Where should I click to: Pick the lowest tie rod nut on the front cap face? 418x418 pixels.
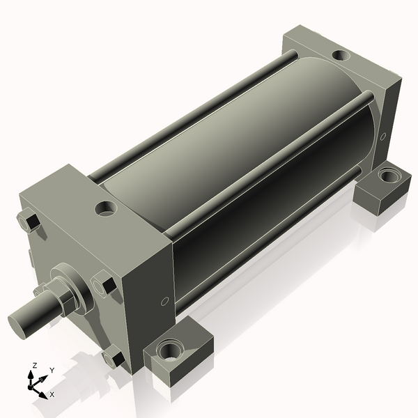click(x=114, y=359)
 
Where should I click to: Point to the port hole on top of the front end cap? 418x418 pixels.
click(x=107, y=208)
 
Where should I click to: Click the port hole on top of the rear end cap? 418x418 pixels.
click(x=340, y=55)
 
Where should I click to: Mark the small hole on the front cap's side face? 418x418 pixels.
click(x=164, y=302)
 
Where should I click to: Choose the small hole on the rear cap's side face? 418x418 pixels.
click(x=382, y=137)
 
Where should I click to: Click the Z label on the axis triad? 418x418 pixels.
click(x=35, y=366)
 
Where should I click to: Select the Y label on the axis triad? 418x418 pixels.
click(x=52, y=371)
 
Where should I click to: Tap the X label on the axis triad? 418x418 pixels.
click(x=52, y=394)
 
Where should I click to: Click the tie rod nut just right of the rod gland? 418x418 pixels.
click(x=104, y=286)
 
